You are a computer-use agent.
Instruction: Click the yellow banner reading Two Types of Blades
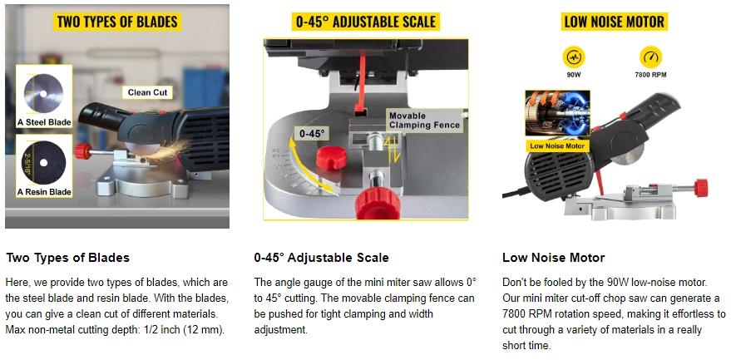click(x=118, y=20)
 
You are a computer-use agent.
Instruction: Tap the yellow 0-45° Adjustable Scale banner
click(x=365, y=22)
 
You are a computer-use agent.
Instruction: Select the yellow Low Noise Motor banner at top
click(x=614, y=22)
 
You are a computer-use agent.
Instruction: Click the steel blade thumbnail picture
click(x=44, y=91)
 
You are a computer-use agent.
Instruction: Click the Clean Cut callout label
click(x=149, y=92)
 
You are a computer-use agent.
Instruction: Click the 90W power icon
click(x=573, y=57)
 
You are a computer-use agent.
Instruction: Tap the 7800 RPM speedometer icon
click(x=650, y=57)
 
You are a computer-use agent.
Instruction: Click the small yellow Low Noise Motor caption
click(x=557, y=145)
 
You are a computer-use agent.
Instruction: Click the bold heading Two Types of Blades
click(x=67, y=258)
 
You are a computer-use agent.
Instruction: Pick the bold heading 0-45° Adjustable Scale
click(x=321, y=258)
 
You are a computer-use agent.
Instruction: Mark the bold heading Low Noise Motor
click(x=553, y=258)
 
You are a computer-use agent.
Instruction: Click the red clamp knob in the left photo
click(x=82, y=151)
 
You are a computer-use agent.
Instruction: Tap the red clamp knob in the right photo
click(x=700, y=185)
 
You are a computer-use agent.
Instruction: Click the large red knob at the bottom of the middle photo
click(x=378, y=200)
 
